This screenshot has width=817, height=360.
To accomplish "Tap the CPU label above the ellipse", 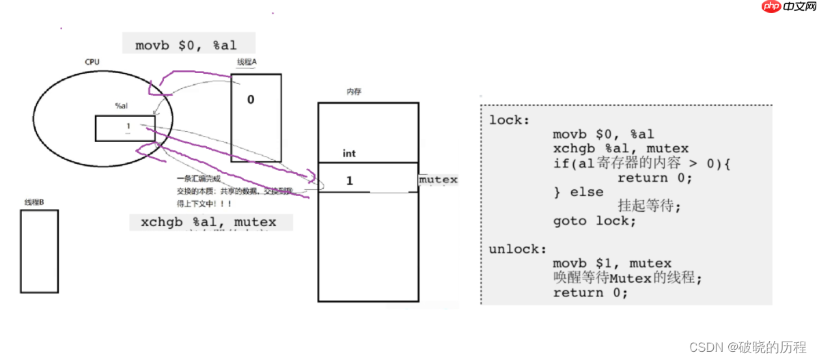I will [92, 62].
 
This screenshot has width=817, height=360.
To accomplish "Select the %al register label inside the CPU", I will [122, 106].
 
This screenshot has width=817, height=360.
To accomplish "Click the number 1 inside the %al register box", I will [128, 126].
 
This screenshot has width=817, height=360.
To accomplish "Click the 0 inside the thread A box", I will [251, 100].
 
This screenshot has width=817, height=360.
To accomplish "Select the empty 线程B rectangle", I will [39, 251].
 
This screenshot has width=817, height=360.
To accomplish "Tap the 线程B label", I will [34, 202].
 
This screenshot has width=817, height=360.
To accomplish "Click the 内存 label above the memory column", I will [354, 91].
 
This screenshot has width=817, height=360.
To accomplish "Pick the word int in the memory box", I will [349, 154].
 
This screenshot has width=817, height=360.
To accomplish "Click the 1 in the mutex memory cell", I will [350, 181].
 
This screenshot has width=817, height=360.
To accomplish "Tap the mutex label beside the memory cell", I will [438, 180].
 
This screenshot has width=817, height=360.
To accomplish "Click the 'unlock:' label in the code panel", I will [513, 249].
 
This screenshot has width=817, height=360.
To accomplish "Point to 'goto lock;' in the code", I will [594, 221].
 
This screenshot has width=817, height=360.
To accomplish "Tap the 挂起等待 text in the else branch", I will [649, 206].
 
